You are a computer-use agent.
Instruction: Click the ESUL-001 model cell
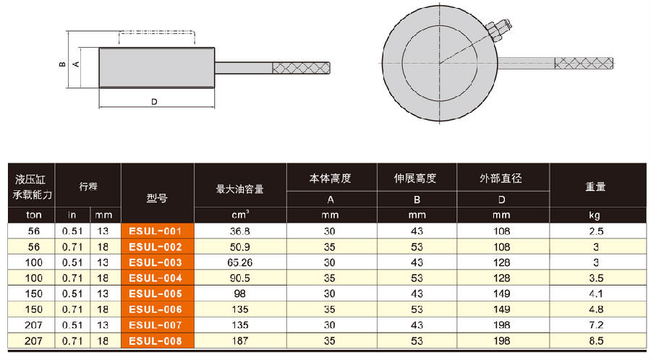(x=159, y=231)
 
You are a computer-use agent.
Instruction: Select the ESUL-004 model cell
(x=159, y=278)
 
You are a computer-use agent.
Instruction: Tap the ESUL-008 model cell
(x=159, y=340)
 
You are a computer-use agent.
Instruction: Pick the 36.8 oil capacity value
(x=242, y=231)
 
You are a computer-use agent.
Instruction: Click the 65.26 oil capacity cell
(x=242, y=262)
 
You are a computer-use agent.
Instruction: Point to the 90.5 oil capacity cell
(x=242, y=278)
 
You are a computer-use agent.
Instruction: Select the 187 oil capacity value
(x=242, y=340)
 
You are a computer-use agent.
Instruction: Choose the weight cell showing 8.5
(x=596, y=340)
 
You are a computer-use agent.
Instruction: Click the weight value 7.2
(x=596, y=325)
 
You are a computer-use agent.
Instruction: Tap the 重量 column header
(x=596, y=187)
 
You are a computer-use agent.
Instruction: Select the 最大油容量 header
(x=240, y=189)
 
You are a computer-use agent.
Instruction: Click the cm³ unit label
(x=241, y=215)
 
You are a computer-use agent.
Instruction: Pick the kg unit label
(x=596, y=215)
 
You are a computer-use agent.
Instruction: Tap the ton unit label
(x=31, y=215)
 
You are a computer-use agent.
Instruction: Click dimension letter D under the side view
(x=154, y=102)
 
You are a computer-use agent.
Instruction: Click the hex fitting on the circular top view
(x=498, y=31)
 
